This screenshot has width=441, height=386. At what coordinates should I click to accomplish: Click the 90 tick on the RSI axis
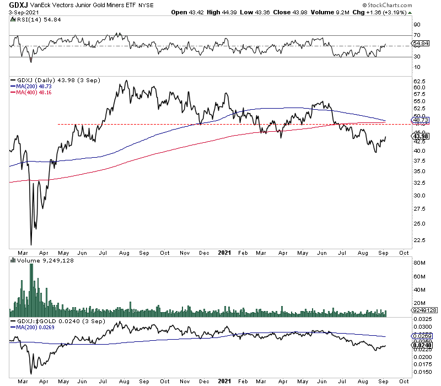tap(417, 25)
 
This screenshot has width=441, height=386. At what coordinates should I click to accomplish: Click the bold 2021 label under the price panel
tap(224, 253)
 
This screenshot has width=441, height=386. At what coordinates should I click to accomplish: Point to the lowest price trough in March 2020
tap(31, 245)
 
